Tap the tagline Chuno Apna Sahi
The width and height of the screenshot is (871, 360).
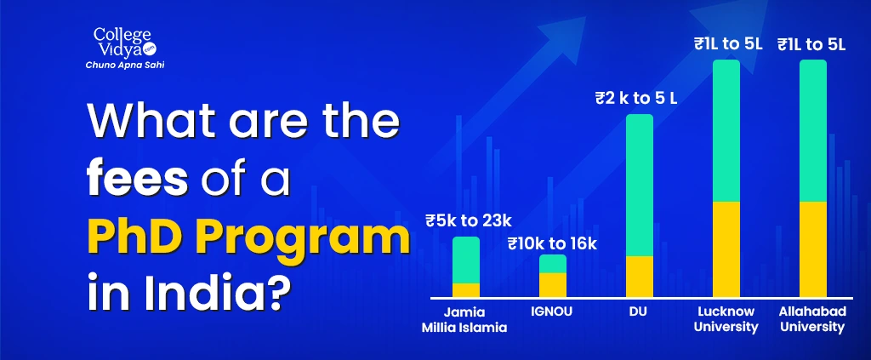(125, 65)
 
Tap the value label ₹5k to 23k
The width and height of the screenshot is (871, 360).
(469, 221)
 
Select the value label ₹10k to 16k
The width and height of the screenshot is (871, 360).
(552, 243)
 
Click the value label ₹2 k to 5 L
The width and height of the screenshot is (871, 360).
(636, 99)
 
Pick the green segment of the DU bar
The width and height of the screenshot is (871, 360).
(640, 185)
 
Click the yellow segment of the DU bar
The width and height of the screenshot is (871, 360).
(640, 277)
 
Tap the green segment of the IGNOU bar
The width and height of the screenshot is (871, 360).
(553, 264)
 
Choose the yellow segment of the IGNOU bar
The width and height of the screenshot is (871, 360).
(553, 285)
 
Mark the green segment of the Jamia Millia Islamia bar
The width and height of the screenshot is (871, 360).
(466, 260)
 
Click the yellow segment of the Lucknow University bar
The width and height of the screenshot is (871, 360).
(726, 249)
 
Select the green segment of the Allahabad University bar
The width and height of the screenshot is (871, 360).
(812, 130)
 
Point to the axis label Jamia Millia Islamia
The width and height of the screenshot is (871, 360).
(464, 319)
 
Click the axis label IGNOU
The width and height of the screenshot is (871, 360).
(550, 311)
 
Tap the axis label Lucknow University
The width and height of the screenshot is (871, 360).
(726, 319)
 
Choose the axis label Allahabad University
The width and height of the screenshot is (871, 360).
(812, 319)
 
